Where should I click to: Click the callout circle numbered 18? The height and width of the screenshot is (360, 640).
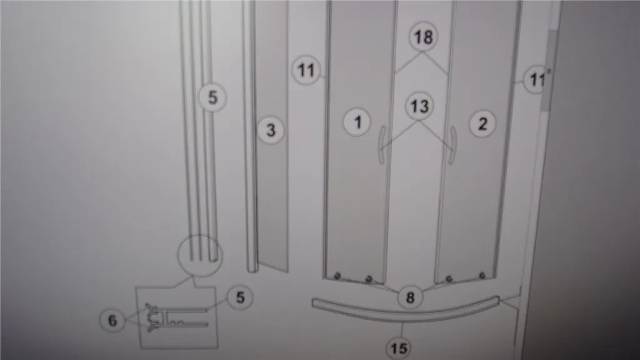pos(423,37)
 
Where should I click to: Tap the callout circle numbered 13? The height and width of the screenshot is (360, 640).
pos(419,106)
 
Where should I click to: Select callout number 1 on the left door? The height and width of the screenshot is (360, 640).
pos(357,122)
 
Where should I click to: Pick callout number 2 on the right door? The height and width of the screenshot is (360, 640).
pos(482,124)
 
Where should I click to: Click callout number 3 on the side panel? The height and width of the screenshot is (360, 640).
pos(271,131)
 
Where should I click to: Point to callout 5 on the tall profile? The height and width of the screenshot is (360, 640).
pos(212,97)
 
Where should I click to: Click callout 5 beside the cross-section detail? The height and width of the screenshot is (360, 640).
pos(240,297)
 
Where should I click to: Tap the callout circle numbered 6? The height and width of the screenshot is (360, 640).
pos(112,320)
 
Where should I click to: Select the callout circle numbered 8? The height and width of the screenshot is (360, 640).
pos(410,297)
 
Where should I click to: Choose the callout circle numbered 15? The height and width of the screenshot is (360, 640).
pos(399,348)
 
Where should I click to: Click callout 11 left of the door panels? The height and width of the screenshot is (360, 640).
pos(306,70)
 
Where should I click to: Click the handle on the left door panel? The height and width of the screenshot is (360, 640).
pos(382,145)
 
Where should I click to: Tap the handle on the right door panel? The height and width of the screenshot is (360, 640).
pos(452,146)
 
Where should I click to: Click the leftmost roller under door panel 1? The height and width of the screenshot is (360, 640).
pos(337,276)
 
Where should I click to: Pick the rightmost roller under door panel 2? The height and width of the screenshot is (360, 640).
pos(482,276)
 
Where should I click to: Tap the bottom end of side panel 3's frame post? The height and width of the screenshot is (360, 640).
pos(252,269)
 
